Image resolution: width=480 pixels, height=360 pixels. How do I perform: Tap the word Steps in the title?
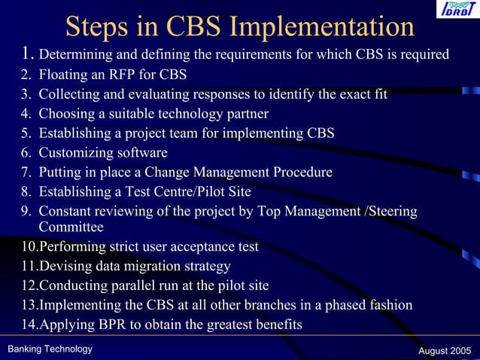[93, 26]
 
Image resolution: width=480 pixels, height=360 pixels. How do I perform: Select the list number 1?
[27, 53]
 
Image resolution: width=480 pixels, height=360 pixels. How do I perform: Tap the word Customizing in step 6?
[76, 153]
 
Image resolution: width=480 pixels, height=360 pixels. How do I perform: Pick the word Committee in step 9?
[71, 226]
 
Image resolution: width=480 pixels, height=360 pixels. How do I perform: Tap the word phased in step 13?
[332, 305]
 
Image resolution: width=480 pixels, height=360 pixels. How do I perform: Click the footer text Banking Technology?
[50, 349]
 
